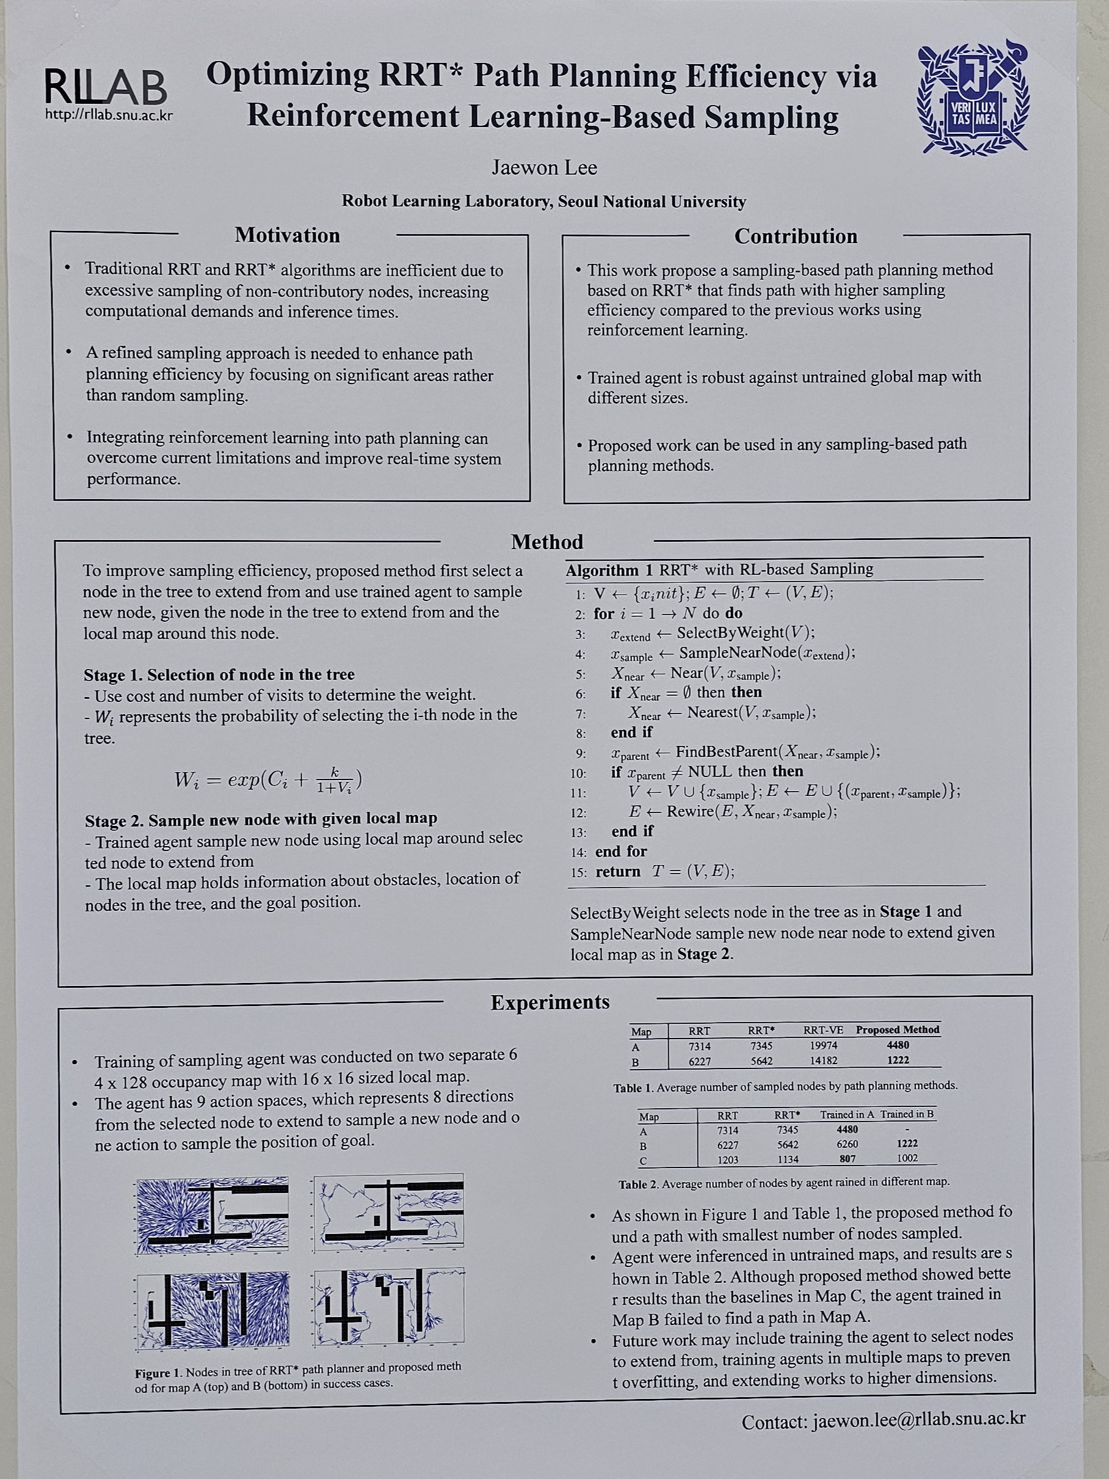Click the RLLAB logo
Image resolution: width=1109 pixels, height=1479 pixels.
pos(106,87)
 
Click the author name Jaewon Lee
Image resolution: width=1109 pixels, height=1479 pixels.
pos(544,167)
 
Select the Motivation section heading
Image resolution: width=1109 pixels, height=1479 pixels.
pos(287,235)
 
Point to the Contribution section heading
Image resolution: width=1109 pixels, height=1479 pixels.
pos(796,236)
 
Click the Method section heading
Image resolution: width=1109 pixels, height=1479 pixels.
pos(547,542)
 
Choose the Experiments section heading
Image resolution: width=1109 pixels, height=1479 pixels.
pos(550,1002)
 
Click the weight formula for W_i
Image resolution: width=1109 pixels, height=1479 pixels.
pos(268,779)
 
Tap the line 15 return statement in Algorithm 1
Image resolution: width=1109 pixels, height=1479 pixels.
pos(664,872)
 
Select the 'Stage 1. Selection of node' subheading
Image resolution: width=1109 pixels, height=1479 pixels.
pos(219,674)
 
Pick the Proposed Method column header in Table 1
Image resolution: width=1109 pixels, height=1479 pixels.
pos(897,1030)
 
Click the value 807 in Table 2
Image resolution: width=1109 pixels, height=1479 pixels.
pos(847,1159)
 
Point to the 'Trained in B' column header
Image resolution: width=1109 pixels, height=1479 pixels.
pos(907,1114)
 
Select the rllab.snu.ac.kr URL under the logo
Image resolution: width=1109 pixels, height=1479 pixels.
pos(109,115)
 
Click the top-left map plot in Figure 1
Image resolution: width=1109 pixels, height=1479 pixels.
pos(213,1216)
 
